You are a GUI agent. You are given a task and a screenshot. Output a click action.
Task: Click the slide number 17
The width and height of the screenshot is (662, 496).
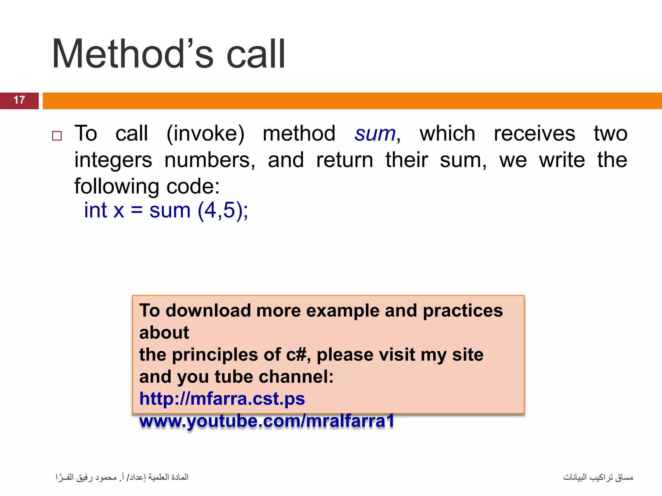19,100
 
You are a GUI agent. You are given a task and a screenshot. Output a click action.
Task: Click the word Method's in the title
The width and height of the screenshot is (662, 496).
133,54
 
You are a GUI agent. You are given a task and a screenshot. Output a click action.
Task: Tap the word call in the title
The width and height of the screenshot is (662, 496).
256,54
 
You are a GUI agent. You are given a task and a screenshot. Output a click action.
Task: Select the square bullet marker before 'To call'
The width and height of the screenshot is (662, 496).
57,136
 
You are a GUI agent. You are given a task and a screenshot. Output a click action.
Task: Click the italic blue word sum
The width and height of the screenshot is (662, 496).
375,134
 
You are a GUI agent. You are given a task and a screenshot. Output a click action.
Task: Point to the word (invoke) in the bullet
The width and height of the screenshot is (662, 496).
205,134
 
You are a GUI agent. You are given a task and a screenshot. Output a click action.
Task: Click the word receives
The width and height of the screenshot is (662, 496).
534,134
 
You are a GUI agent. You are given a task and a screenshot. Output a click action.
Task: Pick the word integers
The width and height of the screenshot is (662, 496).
113,160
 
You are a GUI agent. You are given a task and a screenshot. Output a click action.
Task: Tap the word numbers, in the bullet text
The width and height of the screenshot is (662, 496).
210,160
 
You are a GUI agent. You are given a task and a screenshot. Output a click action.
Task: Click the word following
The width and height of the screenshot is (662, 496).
117,187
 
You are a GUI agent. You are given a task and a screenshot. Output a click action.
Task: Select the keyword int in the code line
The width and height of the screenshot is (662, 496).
95,210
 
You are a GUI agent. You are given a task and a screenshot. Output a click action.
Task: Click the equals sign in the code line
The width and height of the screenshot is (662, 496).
136,210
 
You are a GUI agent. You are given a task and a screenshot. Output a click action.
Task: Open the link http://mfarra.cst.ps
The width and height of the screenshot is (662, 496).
222,399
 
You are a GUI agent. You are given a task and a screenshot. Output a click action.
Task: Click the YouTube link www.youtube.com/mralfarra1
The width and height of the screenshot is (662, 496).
267,421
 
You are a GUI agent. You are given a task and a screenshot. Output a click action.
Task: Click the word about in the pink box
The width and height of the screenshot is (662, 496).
164,333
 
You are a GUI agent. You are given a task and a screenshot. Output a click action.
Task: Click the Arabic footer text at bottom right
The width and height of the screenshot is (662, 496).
598,477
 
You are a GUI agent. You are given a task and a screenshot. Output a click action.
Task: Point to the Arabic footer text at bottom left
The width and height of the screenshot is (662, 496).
122,477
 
